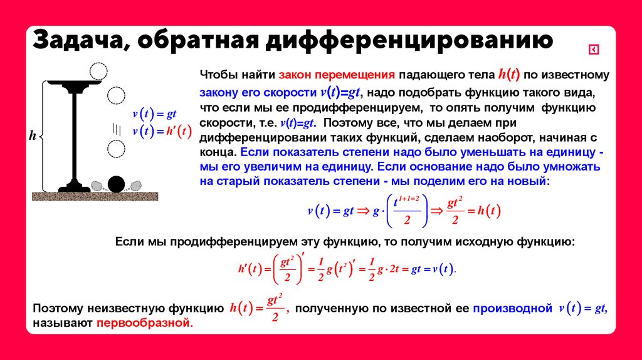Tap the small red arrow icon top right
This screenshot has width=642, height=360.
coord(594,50)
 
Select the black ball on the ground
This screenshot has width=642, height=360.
coord(116,184)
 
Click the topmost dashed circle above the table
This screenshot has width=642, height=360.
coord(99,71)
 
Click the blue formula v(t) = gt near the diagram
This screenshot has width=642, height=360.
coord(154,114)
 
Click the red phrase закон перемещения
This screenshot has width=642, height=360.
coord(337,75)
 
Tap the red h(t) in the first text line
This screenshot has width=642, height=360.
coord(508,75)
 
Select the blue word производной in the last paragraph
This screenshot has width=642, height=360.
coord(512,309)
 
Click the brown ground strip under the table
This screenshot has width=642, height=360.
coord(95,196)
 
